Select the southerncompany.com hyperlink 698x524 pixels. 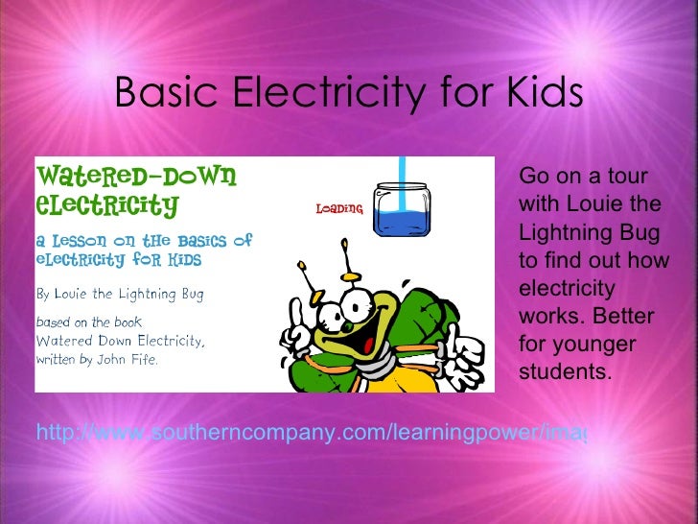pos(311,434)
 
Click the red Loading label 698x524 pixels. pos(339,208)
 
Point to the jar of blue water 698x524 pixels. pos(402,210)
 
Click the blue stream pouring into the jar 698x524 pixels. pos(403,173)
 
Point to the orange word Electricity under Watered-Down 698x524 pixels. pos(106,204)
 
